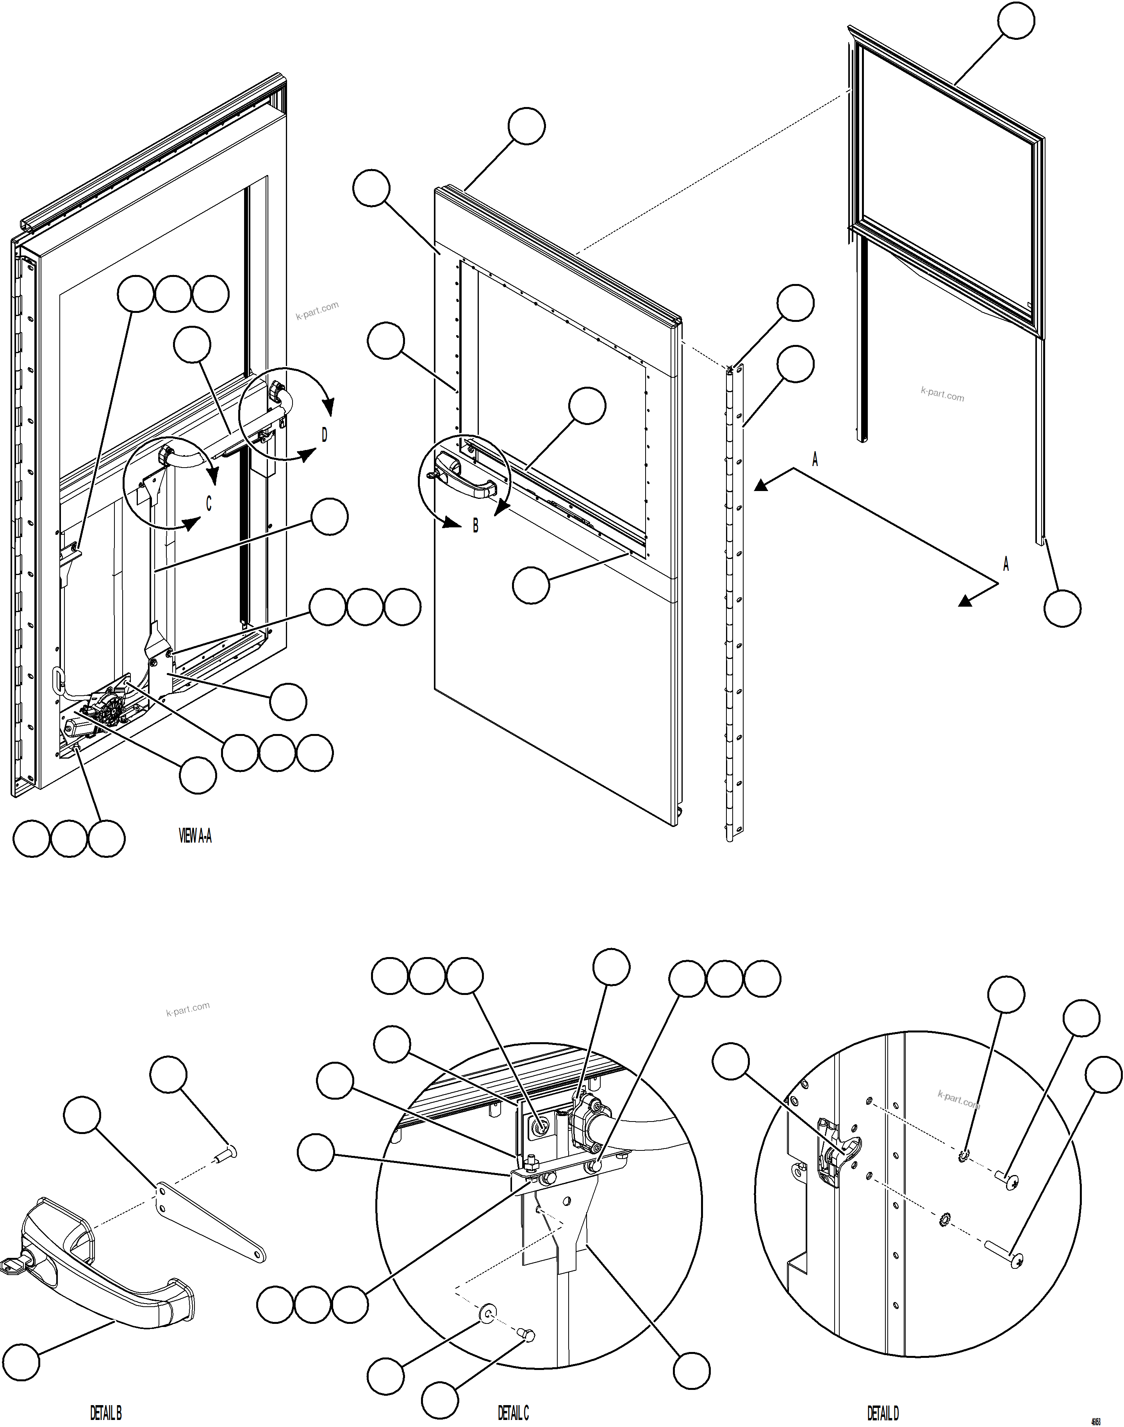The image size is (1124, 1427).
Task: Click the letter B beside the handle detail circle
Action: click(x=476, y=527)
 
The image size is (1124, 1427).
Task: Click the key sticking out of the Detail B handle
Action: click(x=12, y=1265)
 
